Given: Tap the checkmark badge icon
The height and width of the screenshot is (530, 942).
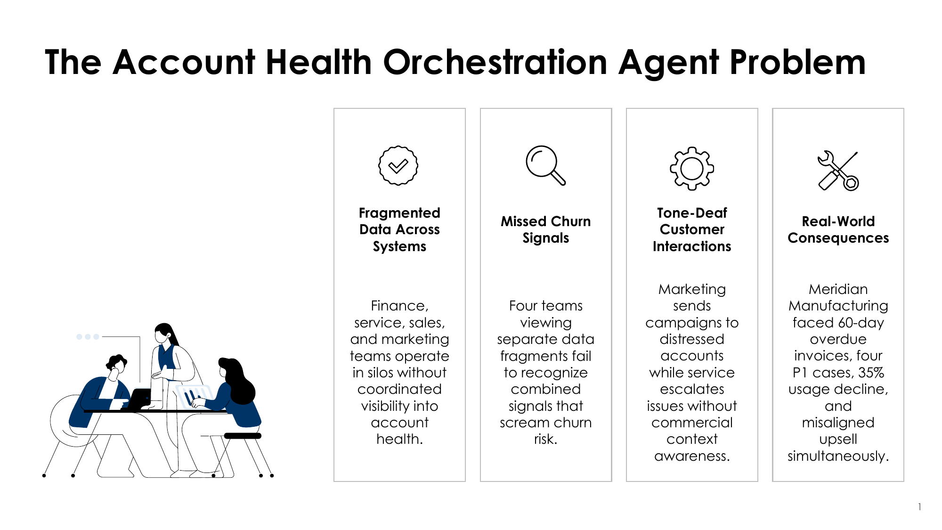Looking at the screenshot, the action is click(x=398, y=165).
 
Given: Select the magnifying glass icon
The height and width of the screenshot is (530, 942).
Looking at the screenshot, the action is click(x=545, y=165).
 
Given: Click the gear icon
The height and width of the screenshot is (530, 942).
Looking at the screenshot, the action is click(x=692, y=169).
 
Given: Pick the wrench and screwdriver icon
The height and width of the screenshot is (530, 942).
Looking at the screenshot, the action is click(x=838, y=171).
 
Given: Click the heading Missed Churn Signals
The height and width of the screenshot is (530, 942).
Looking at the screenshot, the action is click(x=546, y=229).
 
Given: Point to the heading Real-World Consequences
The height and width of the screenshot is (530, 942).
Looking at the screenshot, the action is click(x=838, y=229).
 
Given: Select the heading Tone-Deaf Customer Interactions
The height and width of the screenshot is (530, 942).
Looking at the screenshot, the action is click(x=692, y=229).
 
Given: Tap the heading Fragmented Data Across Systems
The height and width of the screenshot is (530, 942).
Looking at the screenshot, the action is click(x=399, y=229).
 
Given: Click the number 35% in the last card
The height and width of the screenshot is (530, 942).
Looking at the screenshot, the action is click(x=871, y=373).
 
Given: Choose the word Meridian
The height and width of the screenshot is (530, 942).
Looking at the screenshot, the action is click(x=838, y=289).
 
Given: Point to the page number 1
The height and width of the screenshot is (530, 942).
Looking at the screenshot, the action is click(x=919, y=507).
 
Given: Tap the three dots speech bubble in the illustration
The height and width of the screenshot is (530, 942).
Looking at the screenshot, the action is click(x=88, y=337).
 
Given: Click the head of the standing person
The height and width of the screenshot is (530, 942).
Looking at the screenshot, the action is click(x=163, y=333).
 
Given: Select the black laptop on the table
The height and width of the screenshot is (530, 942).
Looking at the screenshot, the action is click(x=139, y=399).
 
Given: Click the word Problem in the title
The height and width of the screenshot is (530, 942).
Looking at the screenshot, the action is click(x=797, y=62).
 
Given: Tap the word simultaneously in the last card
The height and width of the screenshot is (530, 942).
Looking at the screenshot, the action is click(x=838, y=456).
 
